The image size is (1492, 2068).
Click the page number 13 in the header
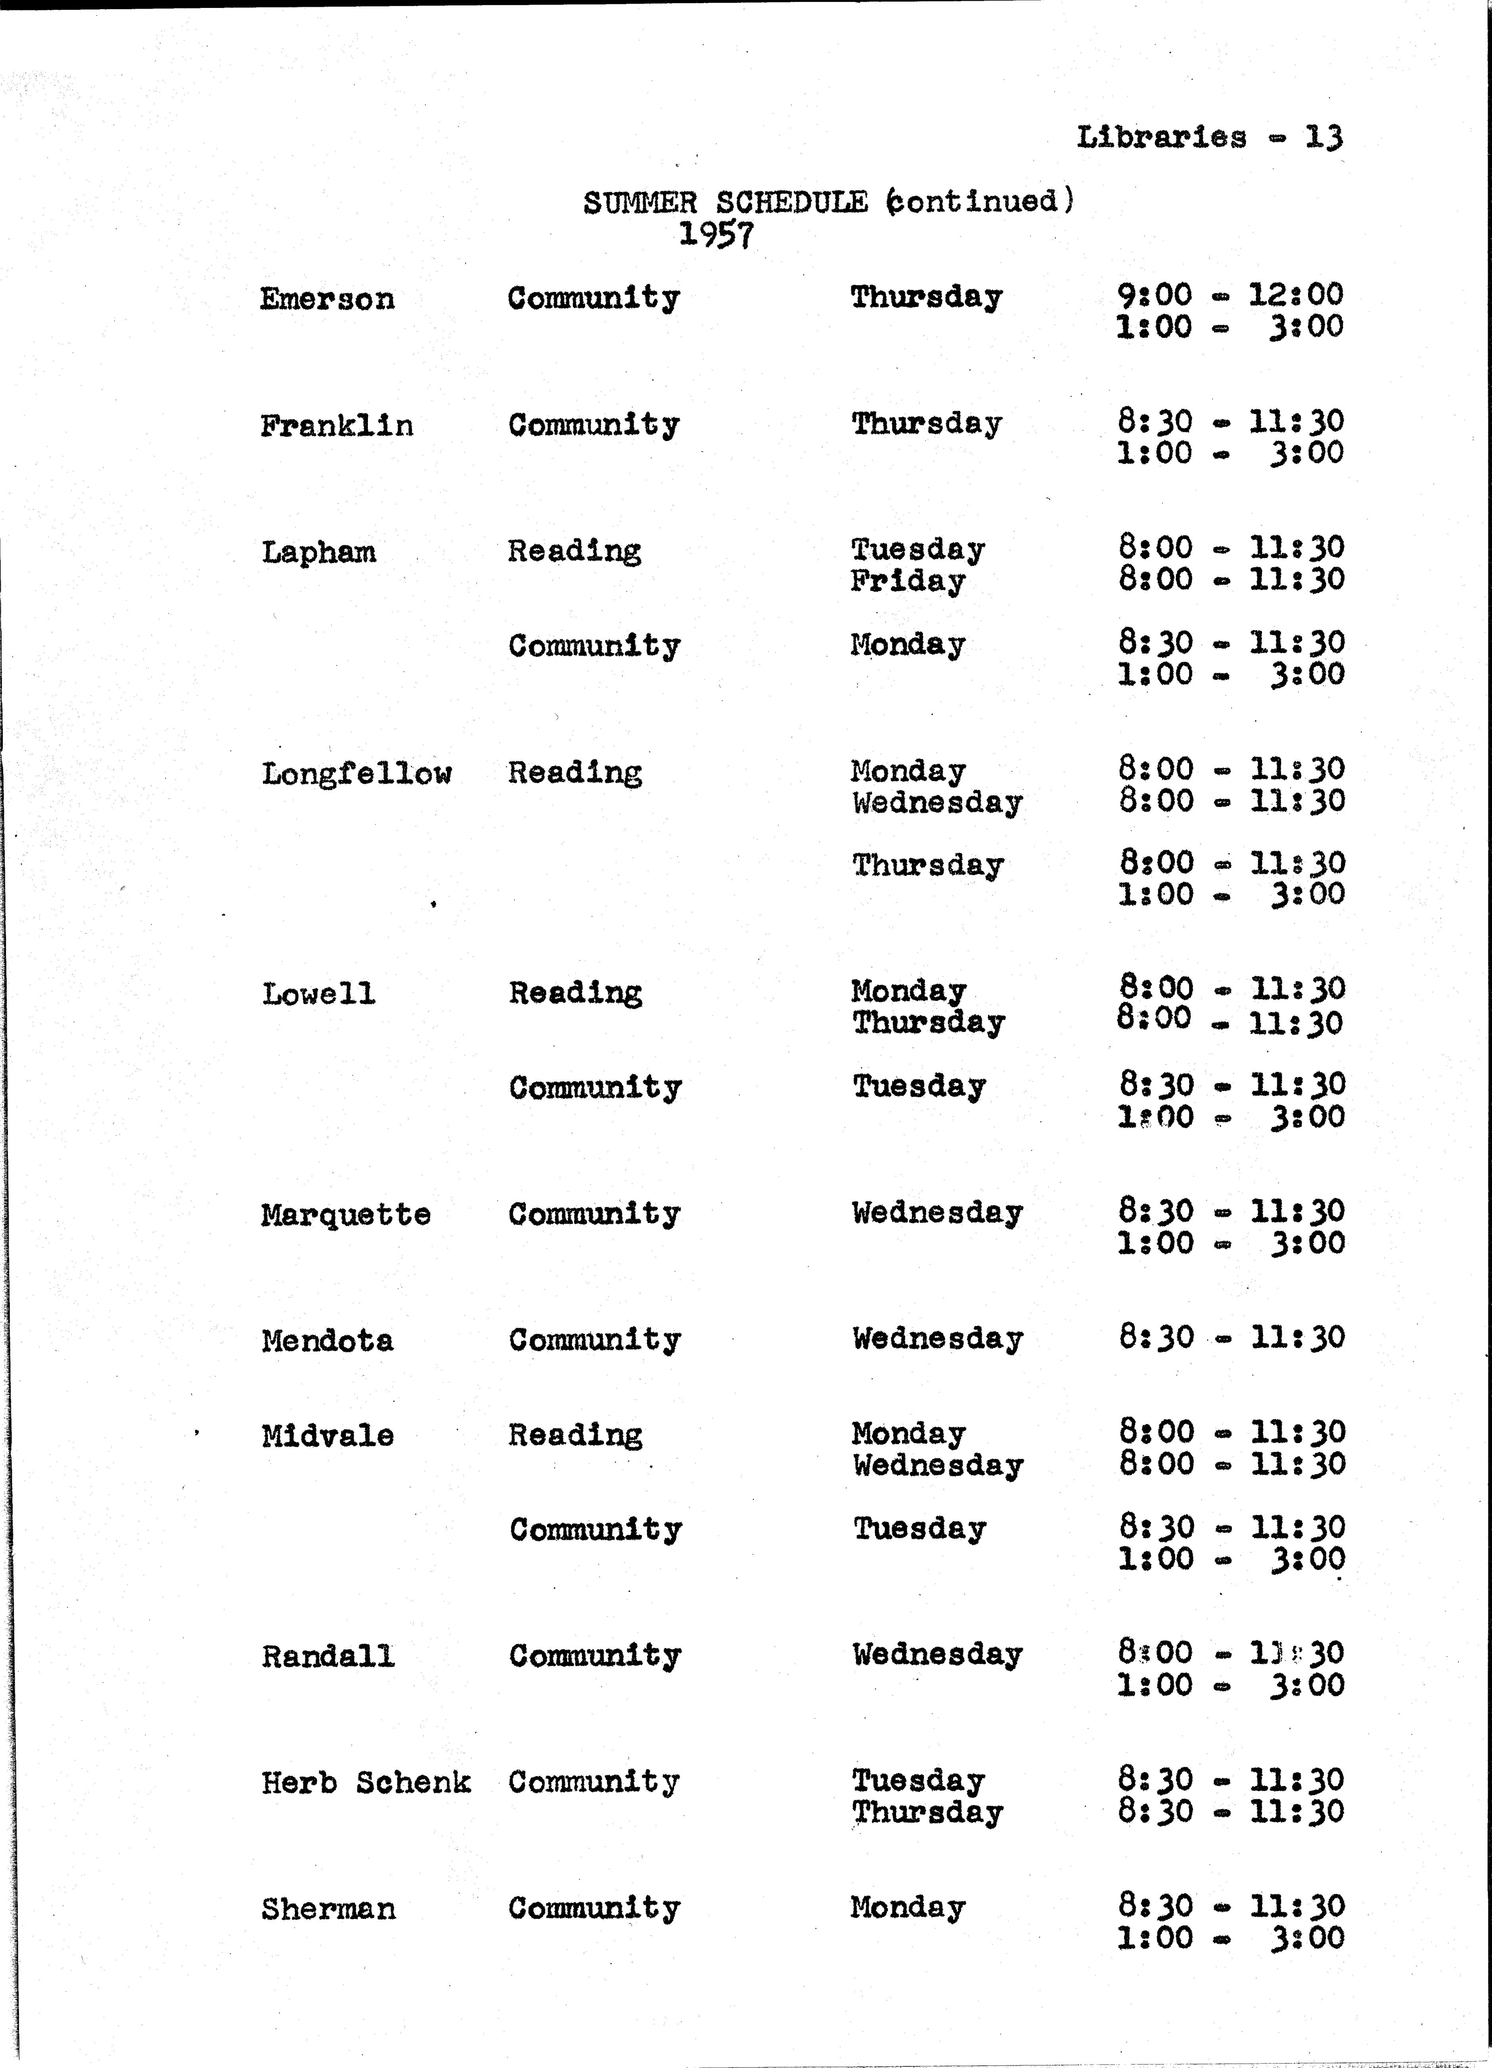[1323, 138]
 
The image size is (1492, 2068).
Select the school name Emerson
[327, 299]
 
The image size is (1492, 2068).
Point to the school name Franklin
[336, 426]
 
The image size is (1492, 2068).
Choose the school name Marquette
[345, 1215]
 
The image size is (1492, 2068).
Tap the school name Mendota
[327, 1340]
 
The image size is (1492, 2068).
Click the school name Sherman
[328, 1909]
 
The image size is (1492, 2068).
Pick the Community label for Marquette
[594, 1213]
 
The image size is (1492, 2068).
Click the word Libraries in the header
[1161, 138]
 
